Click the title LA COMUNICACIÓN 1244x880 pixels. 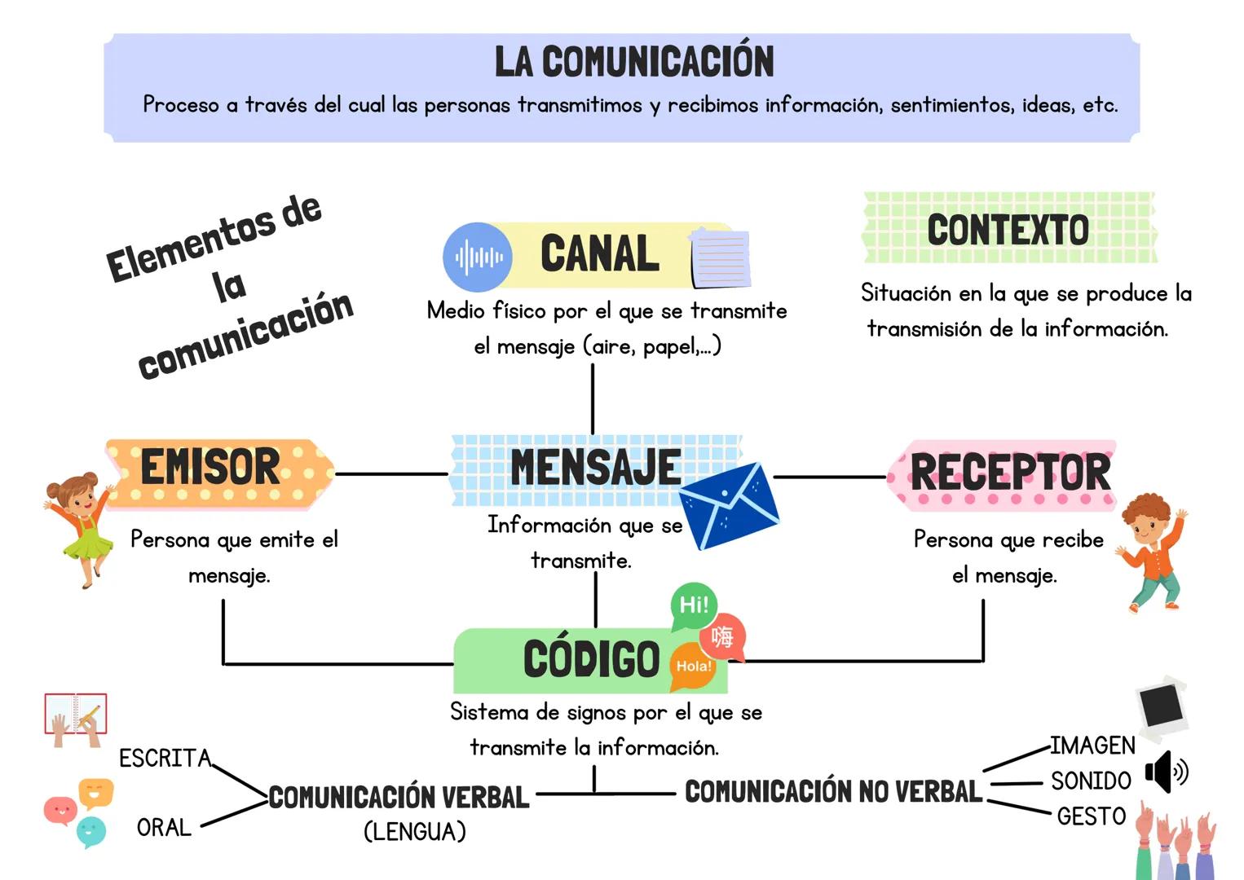tap(633, 62)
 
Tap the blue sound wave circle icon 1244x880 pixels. tap(478, 257)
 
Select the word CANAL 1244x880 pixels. tap(600, 253)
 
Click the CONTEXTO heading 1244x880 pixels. tap(1008, 230)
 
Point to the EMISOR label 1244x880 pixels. tap(210, 467)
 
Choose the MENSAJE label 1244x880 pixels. tap(595, 467)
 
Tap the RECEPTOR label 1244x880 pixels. tap(1010, 473)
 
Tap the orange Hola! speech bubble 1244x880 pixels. tap(693, 666)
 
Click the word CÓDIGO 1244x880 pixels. tap(591, 659)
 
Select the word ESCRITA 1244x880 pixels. tap(165, 759)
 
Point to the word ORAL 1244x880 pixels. tap(164, 828)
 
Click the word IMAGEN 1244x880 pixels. tap(1092, 746)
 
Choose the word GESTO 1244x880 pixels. tap(1091, 816)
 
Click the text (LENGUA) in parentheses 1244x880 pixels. tap(415, 832)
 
